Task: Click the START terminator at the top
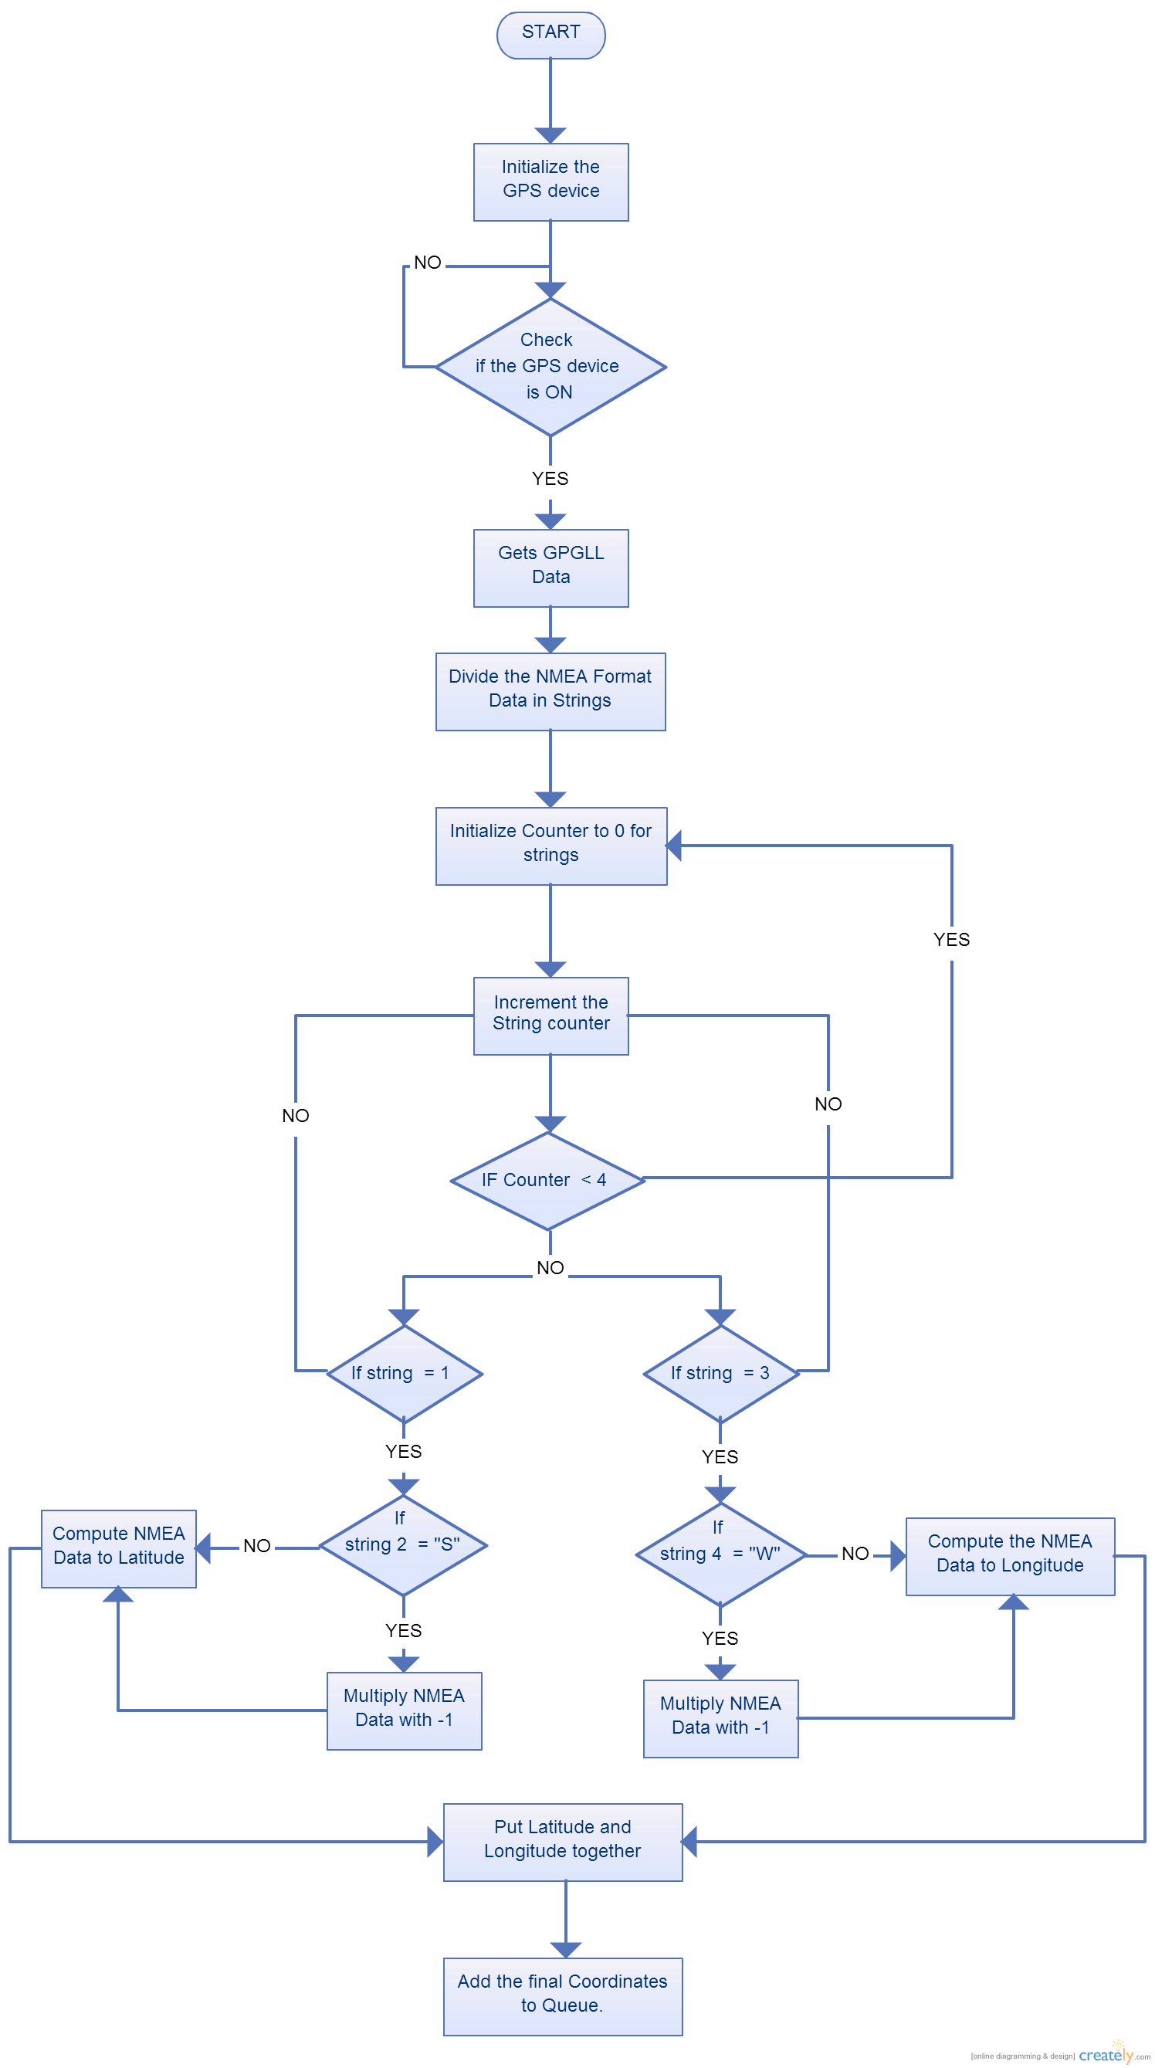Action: tap(550, 35)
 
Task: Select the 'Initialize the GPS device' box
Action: tap(550, 182)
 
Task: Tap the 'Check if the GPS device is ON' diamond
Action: tap(550, 367)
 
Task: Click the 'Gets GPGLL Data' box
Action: tap(550, 568)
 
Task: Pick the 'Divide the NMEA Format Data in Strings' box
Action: tap(550, 691)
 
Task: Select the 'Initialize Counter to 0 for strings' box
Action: tap(550, 846)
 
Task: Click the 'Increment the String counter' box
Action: tap(550, 1015)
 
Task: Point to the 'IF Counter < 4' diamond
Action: tap(548, 1180)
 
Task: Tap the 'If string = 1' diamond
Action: tap(404, 1374)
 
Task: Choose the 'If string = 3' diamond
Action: tap(721, 1374)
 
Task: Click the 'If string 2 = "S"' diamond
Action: tap(403, 1545)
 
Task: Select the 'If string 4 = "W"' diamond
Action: tap(720, 1554)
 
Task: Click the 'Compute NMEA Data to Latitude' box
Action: tap(119, 1548)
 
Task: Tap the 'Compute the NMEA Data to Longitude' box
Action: tap(1010, 1556)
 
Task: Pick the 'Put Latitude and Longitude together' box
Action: tap(563, 1842)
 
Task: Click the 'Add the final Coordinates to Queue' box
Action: tap(563, 1996)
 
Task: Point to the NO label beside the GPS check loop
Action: tap(428, 263)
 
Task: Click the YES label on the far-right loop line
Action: tap(951, 939)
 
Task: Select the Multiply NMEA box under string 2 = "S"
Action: tap(404, 1710)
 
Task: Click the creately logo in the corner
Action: tap(1106, 2054)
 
